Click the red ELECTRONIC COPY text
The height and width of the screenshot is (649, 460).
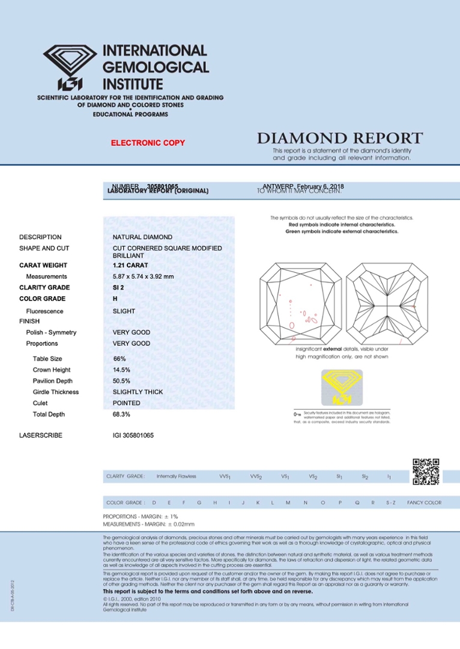(148, 143)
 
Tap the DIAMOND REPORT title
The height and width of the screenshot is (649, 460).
(340, 139)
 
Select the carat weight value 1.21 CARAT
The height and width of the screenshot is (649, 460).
(130, 265)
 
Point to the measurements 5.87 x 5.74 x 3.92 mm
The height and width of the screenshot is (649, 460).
(143, 276)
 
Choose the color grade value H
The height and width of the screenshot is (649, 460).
(115, 299)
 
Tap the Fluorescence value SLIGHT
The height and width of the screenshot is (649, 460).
(124, 311)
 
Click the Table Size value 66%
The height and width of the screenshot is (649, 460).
(120, 359)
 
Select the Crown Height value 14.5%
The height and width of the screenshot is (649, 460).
(121, 370)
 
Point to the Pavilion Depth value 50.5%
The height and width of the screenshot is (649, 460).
(122, 381)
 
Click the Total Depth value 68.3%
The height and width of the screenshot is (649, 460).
(122, 415)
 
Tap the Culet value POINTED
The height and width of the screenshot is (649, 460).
(127, 403)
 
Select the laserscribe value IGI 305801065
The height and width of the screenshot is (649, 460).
(133, 435)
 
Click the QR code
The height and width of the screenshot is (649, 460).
(426, 472)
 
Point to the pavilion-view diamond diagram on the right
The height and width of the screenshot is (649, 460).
(387, 304)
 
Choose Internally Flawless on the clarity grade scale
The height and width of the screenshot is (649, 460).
(176, 477)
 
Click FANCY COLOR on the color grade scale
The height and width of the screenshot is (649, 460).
(424, 502)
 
